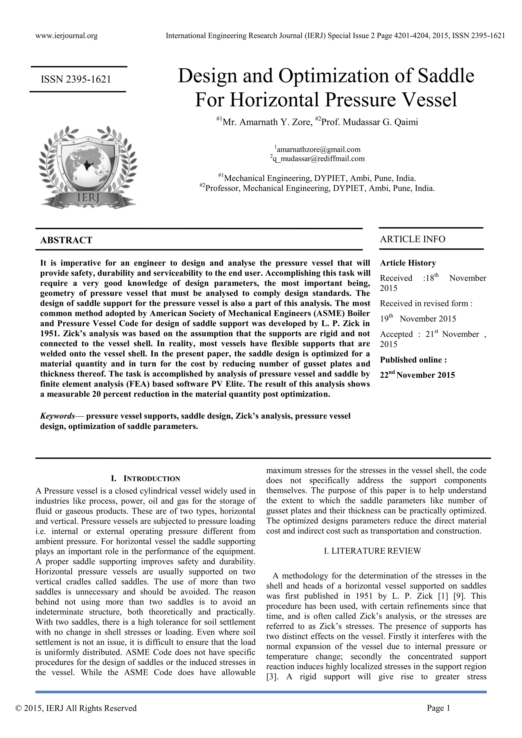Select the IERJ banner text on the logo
[89, 196]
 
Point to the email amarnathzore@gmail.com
[318, 150]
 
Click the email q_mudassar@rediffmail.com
[318, 159]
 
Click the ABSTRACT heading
[66, 240]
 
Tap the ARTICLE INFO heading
[412, 239]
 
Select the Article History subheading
[408, 263]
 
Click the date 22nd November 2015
[417, 375]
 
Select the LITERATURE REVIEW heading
[372, 551]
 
